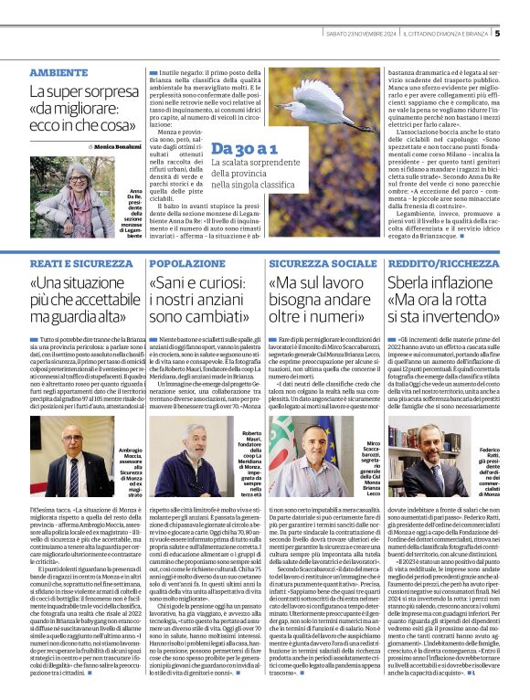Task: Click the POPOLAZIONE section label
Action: point(187,263)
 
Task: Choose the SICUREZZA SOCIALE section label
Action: point(311,263)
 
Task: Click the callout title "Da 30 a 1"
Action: point(244,148)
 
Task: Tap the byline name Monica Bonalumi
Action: point(115,146)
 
